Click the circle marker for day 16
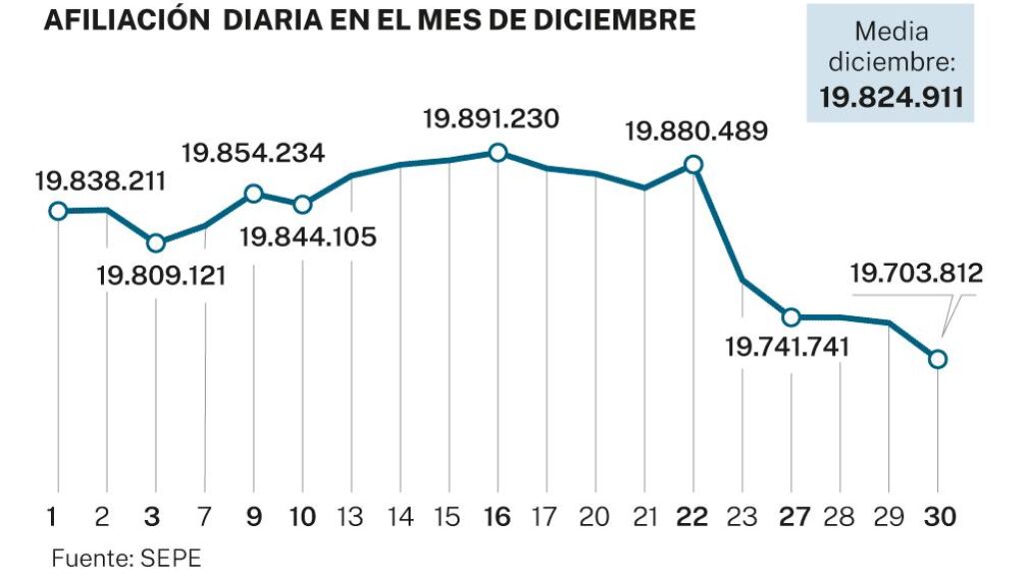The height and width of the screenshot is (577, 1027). coord(498,153)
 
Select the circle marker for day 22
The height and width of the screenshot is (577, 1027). coord(693,165)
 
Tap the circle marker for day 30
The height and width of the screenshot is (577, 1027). coord(937,359)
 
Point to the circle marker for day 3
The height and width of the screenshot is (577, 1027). coord(156,243)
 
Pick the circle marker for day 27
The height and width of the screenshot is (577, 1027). coord(791,317)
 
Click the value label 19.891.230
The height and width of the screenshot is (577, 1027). coord(491,119)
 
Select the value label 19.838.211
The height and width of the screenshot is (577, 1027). coord(100,181)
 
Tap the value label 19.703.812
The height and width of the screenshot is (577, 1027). coord(916,273)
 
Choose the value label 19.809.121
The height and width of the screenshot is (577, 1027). coord(161,275)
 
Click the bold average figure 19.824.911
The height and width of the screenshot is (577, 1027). coord(891,98)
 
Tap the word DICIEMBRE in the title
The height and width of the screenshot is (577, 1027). coord(622,21)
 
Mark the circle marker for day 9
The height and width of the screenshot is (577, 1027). coord(254,193)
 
